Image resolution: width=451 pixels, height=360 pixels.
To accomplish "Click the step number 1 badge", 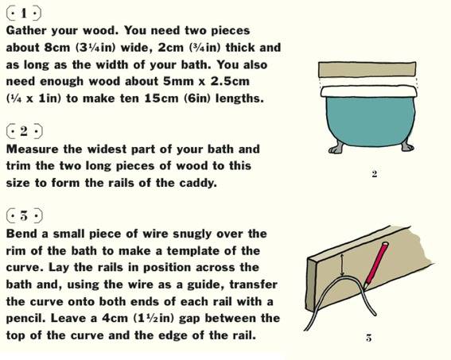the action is pyautogui.click(x=24, y=14).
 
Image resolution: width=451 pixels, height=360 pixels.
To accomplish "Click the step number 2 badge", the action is pyautogui.click(x=25, y=131).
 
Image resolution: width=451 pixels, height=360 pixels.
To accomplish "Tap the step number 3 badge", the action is pyautogui.click(x=25, y=216).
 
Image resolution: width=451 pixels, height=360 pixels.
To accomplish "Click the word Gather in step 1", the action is pyautogui.click(x=26, y=30).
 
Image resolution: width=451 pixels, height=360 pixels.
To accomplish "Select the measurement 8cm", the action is pyautogui.click(x=57, y=48).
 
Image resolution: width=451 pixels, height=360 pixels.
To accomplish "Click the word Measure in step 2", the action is pyautogui.click(x=32, y=149).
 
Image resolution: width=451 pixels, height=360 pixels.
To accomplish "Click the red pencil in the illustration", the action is pyautogui.click(x=376, y=265).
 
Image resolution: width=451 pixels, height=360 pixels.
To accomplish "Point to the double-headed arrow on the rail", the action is pyautogui.click(x=342, y=265).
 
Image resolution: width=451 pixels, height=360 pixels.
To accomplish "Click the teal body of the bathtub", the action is pyautogui.click(x=371, y=121).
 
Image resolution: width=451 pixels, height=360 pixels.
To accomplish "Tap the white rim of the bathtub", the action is pyautogui.click(x=369, y=91).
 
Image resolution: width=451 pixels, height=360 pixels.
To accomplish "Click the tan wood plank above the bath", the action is pyautogui.click(x=367, y=69).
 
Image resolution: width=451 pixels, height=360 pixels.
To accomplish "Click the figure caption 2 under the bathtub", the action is pyautogui.click(x=374, y=174).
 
